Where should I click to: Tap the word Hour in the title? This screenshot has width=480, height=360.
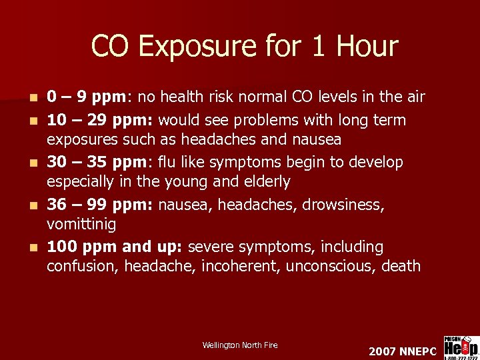tap(367, 47)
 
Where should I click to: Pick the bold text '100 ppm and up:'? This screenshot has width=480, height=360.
tap(115, 247)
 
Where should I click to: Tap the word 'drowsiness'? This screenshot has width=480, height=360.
tap(343, 205)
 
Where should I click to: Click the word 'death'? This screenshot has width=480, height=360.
tap(401, 267)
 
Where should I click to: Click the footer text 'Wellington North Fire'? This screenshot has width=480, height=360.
tap(240, 345)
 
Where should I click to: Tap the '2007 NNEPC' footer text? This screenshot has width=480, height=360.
tap(402, 351)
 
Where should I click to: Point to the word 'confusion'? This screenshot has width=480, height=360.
tap(78, 267)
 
